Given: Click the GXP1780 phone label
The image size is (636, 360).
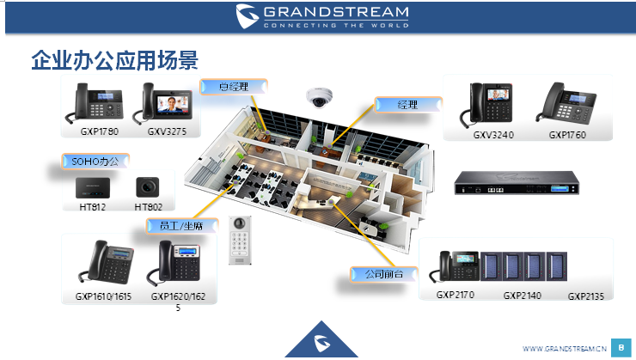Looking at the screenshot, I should [x=99, y=132].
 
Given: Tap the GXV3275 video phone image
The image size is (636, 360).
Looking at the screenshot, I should [x=168, y=104].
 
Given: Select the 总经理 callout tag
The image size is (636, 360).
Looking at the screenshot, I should [x=234, y=87].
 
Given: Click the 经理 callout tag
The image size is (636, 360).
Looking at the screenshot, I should [x=407, y=105].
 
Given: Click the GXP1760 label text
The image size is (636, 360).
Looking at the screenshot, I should [x=567, y=135].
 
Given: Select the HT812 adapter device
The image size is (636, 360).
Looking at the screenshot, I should [x=93, y=188].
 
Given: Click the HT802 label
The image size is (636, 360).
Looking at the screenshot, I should [x=149, y=207].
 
